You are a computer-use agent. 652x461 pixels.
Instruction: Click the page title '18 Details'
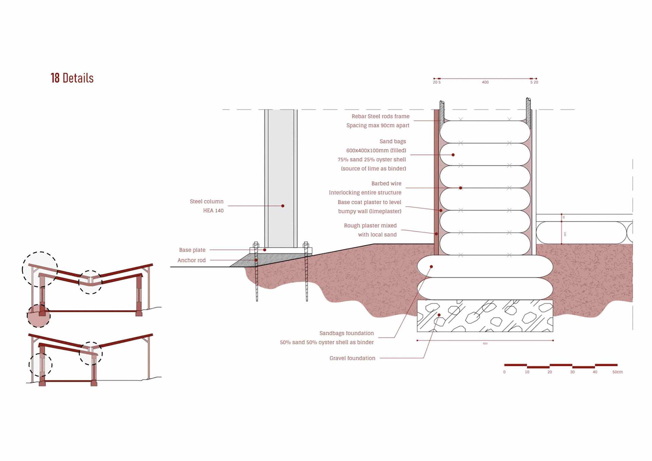click(x=72, y=78)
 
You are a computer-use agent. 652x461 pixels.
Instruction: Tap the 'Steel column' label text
click(x=206, y=201)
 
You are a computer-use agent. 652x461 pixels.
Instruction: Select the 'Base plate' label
click(x=192, y=250)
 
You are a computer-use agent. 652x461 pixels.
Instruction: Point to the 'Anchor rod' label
click(x=192, y=260)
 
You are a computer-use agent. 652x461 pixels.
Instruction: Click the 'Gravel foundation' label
click(x=352, y=358)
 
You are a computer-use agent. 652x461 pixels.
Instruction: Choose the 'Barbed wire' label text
click(x=386, y=183)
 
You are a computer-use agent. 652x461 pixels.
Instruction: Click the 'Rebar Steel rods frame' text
click(x=380, y=116)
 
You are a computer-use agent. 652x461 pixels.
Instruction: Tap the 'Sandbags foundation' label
click(x=346, y=333)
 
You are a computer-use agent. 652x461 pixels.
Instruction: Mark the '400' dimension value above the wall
click(x=485, y=82)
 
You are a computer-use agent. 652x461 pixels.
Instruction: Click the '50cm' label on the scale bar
click(x=617, y=372)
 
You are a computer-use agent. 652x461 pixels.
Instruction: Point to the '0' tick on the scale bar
click(x=504, y=372)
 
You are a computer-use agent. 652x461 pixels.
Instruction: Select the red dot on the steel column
click(x=283, y=206)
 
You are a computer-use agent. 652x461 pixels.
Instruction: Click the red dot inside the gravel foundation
click(x=439, y=315)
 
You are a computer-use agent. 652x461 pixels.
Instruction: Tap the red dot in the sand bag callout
click(x=453, y=155)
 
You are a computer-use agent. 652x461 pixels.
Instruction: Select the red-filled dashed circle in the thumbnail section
click(x=39, y=316)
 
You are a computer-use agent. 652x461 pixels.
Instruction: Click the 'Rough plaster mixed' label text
click(x=370, y=225)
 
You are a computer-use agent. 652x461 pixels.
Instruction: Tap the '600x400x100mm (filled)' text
click(x=376, y=150)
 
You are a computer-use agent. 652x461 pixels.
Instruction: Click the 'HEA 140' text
click(x=213, y=210)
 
